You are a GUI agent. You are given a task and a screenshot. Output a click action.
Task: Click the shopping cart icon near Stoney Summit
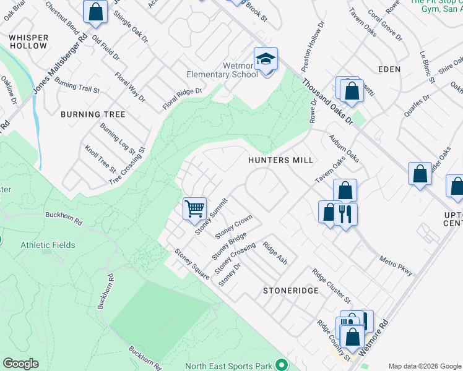[194, 209]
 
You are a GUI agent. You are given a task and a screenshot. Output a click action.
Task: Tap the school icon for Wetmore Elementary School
[266, 60]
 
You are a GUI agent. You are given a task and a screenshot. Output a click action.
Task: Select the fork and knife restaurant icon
[345, 213]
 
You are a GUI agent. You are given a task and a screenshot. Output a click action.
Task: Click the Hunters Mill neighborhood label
[277, 160]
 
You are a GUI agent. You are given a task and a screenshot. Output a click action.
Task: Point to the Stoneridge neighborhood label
[290, 290]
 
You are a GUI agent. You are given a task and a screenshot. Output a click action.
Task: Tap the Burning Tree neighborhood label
[93, 114]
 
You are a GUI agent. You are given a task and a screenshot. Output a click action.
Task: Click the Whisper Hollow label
[28, 41]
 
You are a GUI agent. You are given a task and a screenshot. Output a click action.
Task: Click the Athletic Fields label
[48, 245]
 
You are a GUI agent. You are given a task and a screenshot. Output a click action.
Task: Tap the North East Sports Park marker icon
[282, 365]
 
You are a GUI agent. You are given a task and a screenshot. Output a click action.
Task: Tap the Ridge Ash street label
[275, 252]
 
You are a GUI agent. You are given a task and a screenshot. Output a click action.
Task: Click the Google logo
[20, 364]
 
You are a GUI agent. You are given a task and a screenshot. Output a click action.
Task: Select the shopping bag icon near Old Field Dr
[96, 12]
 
